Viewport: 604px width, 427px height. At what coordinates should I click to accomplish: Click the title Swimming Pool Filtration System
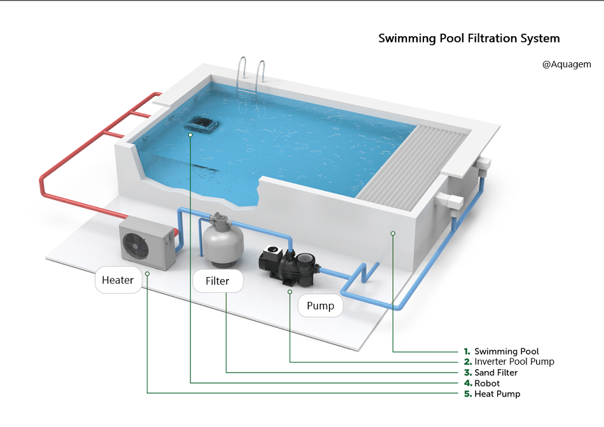tap(469, 38)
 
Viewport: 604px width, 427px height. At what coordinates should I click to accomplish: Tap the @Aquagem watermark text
tap(566, 64)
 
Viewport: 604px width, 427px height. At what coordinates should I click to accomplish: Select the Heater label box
tap(118, 280)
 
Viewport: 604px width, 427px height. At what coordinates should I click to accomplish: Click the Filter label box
tap(217, 281)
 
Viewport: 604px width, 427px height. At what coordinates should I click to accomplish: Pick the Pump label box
tap(320, 306)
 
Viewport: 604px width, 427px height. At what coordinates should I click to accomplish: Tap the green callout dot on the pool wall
tap(393, 233)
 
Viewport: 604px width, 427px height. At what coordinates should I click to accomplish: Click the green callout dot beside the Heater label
tap(148, 273)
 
